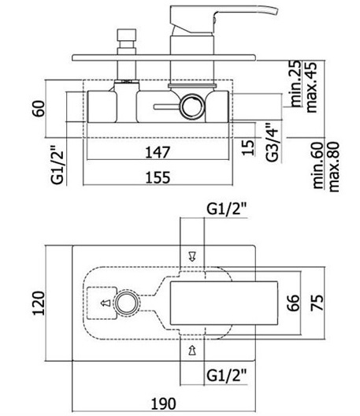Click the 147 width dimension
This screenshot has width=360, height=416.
pos(158,152)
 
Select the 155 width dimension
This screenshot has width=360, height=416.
pos(158,177)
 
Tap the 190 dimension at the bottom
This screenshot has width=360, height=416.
pos(163,404)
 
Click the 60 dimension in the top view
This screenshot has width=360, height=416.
pos(39,108)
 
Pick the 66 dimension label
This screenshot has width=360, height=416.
pos(293,303)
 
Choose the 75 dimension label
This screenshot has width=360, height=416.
pos(317,303)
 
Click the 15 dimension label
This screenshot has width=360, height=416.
pos(248,147)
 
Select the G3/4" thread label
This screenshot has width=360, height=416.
pos(273,142)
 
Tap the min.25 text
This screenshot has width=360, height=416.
pos(296,84)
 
